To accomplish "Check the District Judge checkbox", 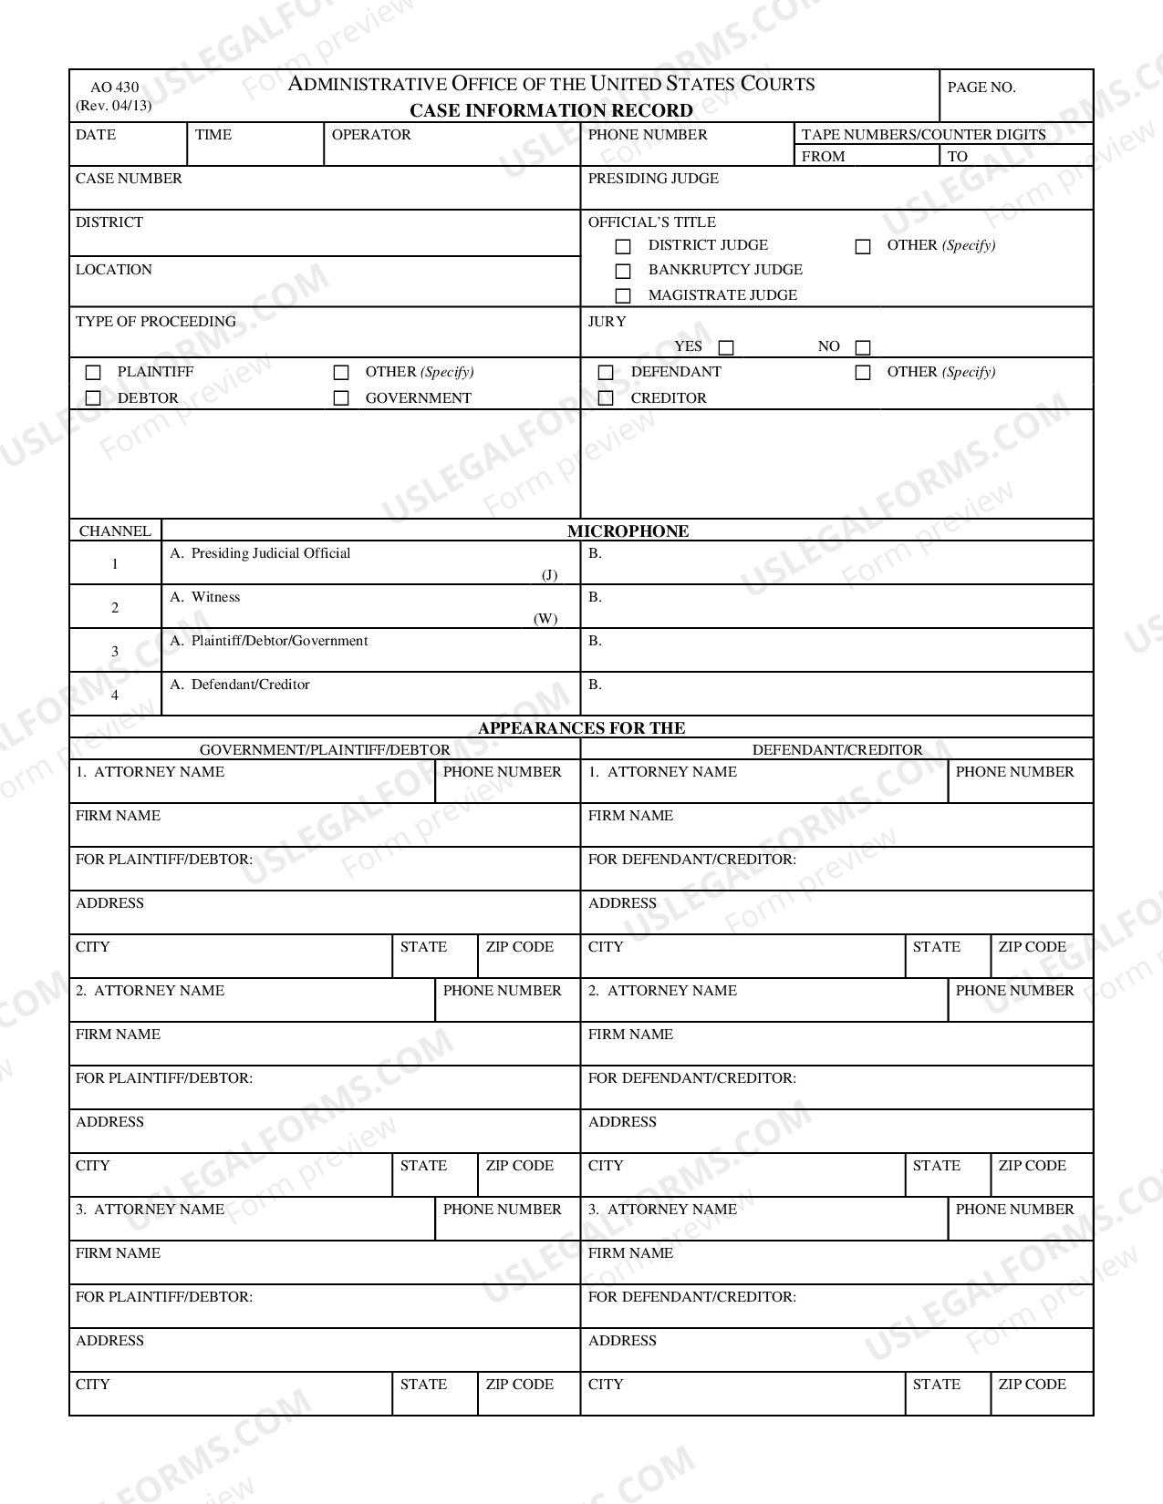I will point(623,246).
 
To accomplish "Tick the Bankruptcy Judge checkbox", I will point(623,271).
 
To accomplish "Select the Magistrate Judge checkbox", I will point(623,295).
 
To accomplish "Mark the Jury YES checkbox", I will point(726,347).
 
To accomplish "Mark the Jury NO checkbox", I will point(863,347).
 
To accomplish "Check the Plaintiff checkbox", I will point(93,373).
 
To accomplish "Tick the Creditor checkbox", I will point(606,398).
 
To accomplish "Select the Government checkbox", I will point(341,398).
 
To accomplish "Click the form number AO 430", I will point(115,88).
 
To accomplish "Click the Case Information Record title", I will point(551,111).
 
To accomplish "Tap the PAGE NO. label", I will point(981,88).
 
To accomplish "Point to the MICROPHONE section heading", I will point(628,531).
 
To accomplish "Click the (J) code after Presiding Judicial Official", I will point(549,575).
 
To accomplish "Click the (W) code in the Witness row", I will point(545,619).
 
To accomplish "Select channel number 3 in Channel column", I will point(115,652).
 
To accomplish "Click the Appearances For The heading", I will point(581,728).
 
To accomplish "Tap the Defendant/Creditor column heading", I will point(836,750).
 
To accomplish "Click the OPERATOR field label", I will point(371,135).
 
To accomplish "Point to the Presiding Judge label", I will point(653,179).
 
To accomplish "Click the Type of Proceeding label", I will point(156,322).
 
